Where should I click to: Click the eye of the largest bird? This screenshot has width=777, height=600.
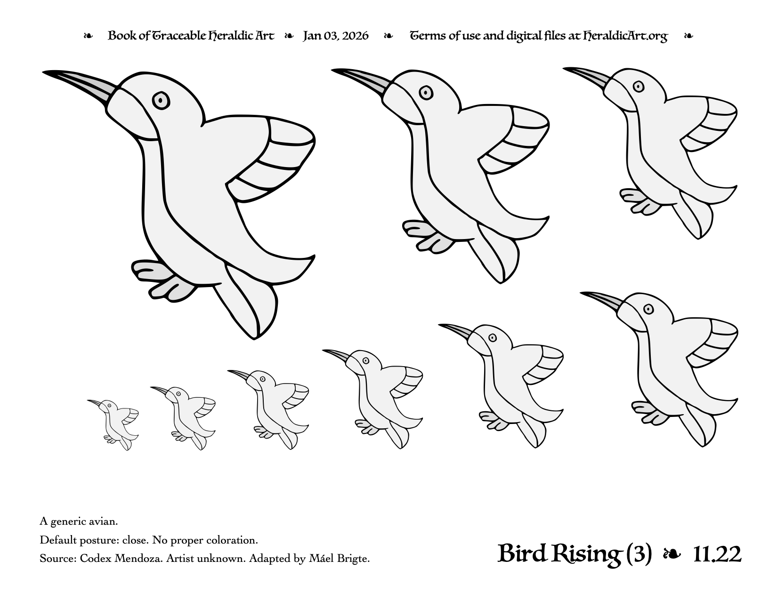point(161,100)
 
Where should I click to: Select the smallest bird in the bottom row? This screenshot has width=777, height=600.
point(113,424)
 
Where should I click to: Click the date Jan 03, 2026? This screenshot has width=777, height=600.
point(335,36)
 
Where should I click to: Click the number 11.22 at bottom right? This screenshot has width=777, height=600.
point(717,554)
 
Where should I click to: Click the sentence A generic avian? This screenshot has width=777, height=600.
point(79,522)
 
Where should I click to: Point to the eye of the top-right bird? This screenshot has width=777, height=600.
point(638,87)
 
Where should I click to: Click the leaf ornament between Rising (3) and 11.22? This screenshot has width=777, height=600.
point(672,554)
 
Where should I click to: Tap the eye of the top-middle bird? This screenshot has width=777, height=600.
point(426,93)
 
